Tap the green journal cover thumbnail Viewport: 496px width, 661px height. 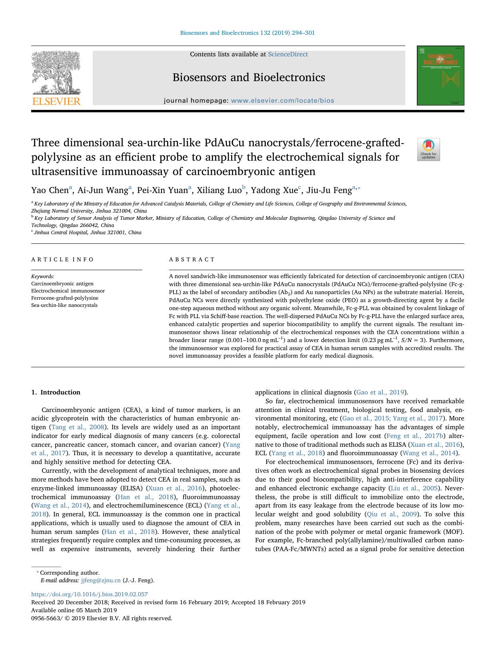pos(440,76)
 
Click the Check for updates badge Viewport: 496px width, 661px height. pos(428,149)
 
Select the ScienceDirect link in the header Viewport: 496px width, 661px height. pos(288,54)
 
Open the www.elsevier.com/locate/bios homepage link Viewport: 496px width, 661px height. pos(283,101)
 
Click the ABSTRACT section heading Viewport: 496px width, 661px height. pos(192,260)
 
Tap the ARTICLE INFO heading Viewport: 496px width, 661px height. pos(62,260)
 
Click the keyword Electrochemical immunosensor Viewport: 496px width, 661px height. pos(68,291)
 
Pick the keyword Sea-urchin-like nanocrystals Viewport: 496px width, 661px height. pos(64,305)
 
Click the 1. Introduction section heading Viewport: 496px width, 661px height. pos(56,392)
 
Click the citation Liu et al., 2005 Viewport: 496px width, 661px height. pos(414,488)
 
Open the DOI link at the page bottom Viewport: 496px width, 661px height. pos(90,594)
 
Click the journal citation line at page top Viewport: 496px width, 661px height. pos(247,33)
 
